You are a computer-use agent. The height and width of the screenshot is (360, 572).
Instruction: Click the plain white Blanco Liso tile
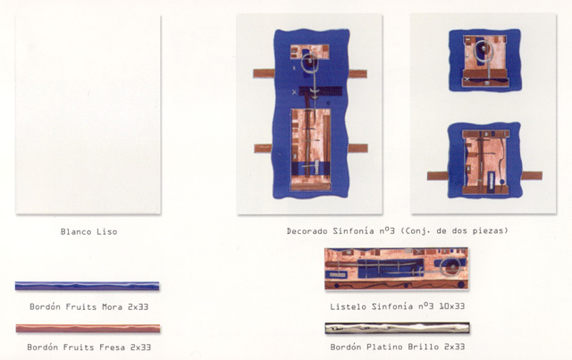pos(88,114)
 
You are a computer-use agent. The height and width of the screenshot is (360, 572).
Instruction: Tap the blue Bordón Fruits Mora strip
pos(88,286)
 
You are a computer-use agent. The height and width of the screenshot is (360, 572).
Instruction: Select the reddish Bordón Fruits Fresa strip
pos(88,328)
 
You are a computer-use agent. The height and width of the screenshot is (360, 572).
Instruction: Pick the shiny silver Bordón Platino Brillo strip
pos(397,328)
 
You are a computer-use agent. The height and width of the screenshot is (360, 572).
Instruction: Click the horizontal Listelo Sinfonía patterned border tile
pos(397,269)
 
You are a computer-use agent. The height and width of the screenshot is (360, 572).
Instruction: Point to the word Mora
pos(113,306)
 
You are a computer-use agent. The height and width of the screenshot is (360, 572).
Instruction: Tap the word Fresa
pos(113,347)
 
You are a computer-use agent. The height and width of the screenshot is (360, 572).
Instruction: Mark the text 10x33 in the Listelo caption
pos(452,306)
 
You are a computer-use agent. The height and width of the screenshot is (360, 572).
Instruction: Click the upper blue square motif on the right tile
pos(484,60)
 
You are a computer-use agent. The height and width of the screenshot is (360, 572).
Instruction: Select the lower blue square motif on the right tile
pos(484,161)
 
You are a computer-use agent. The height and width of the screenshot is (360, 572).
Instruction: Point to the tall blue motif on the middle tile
pos(311,113)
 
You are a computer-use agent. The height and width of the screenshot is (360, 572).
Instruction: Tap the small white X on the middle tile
pos(294,92)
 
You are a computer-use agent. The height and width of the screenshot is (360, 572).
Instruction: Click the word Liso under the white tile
pos(107,231)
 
